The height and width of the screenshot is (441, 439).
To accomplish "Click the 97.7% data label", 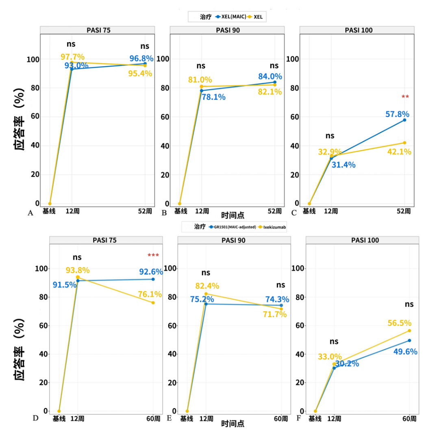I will (x=72, y=57).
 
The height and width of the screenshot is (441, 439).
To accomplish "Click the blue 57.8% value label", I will (x=397, y=114).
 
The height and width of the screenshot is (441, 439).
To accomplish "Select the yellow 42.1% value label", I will (x=399, y=152).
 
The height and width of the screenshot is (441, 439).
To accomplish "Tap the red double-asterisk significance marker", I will (x=405, y=97).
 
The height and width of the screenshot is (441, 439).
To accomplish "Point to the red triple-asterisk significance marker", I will (x=153, y=255).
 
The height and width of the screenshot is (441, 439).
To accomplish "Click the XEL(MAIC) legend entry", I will (x=231, y=17).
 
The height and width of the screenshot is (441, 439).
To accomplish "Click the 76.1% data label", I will (x=150, y=294).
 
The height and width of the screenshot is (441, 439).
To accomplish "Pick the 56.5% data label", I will (x=399, y=323).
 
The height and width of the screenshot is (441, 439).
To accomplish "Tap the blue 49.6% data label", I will (x=405, y=352).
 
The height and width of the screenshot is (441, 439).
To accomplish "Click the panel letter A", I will (x=30, y=213).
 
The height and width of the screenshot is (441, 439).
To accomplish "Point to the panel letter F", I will (x=299, y=417).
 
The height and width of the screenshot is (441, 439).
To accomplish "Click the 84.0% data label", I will (x=270, y=76).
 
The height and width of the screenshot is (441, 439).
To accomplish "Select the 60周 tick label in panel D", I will (x=153, y=419).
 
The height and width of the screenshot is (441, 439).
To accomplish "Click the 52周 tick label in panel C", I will (x=404, y=211).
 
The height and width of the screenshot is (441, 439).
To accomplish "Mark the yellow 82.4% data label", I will (x=207, y=286).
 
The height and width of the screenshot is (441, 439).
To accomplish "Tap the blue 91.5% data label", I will (x=65, y=285).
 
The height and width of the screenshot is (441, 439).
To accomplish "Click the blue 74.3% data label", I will (x=277, y=300).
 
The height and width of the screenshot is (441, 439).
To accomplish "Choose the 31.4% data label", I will (x=343, y=165).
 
